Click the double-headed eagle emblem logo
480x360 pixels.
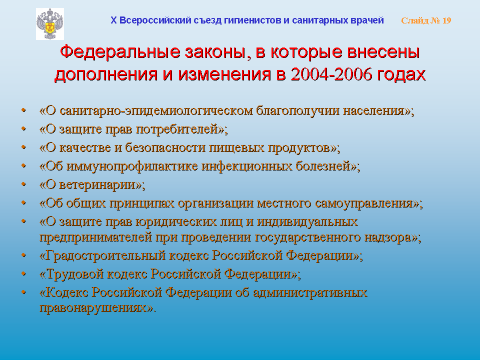(50, 24)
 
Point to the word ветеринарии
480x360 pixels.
(97, 185)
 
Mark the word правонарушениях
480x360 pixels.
(93, 308)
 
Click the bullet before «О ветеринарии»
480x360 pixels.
(23, 184)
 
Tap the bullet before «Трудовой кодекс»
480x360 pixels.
(23, 273)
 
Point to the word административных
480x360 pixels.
(310, 293)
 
